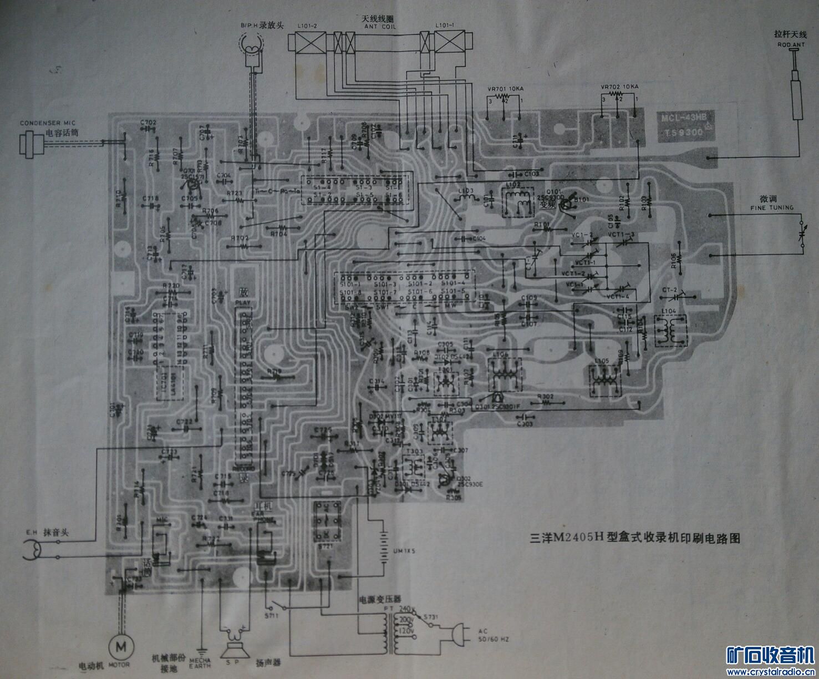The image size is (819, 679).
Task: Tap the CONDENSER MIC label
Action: [47, 123]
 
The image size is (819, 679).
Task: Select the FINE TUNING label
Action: [772, 207]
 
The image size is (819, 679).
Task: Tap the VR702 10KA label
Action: [619, 87]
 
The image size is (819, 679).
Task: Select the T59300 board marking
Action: [681, 133]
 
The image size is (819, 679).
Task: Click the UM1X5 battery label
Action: [392, 552]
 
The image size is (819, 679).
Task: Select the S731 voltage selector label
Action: [430, 617]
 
